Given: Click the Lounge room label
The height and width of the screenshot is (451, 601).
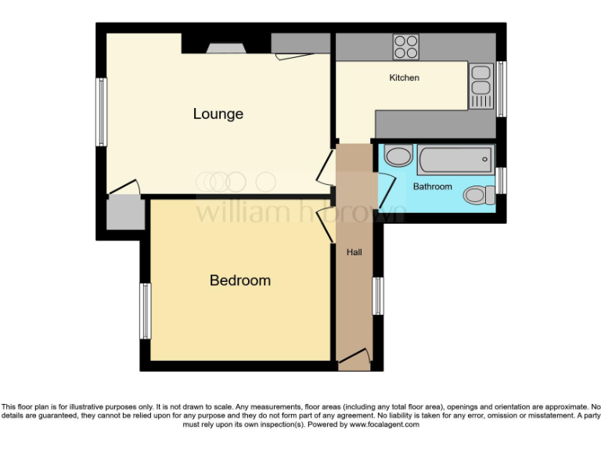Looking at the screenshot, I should click(x=218, y=114).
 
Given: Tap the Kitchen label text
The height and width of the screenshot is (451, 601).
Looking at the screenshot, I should click(x=405, y=78).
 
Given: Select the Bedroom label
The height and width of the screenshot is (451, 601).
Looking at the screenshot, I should click(x=240, y=280).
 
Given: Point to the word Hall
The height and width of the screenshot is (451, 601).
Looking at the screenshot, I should click(x=354, y=252).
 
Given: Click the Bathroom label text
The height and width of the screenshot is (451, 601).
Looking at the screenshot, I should click(x=433, y=187).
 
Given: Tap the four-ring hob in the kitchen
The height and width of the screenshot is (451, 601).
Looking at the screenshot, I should click(x=406, y=47).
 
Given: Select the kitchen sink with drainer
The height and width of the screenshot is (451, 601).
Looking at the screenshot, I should click(x=480, y=85).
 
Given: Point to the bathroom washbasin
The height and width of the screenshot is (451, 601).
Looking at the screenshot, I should click(x=399, y=156).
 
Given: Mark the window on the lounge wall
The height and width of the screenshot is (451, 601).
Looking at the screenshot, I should click(x=101, y=111).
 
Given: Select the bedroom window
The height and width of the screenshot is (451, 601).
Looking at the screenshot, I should click(x=145, y=311).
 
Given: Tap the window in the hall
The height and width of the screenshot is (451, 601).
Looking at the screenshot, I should click(x=378, y=296).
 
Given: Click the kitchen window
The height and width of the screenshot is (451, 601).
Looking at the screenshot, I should click(x=502, y=88).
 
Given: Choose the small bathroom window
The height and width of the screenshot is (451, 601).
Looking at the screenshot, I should click(x=501, y=179).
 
